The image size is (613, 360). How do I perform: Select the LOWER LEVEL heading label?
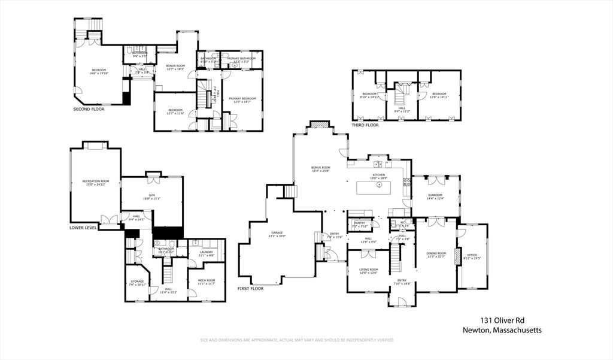[83, 228]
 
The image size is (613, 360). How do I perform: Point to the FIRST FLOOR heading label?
[250, 288]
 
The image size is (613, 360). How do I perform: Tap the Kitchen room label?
[378, 175]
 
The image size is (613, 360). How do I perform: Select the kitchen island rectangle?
[380, 187]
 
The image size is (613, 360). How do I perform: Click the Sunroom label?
[436, 195]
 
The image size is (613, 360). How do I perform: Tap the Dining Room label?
[436, 253]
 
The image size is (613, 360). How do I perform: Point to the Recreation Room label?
[96, 181]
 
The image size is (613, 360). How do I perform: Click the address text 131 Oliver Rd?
[503, 320]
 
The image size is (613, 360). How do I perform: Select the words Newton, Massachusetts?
[502, 330]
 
